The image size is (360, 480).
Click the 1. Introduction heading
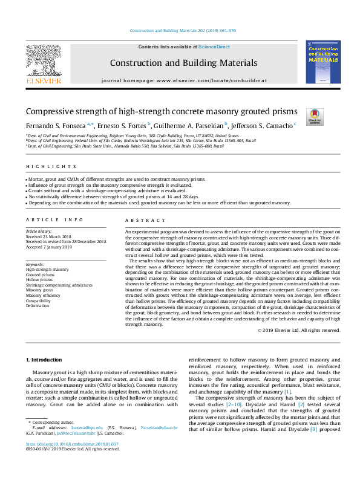tap(48, 360)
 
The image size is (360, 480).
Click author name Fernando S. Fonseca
tap(56, 125)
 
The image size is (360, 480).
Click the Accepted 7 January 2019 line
tap(48, 247)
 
